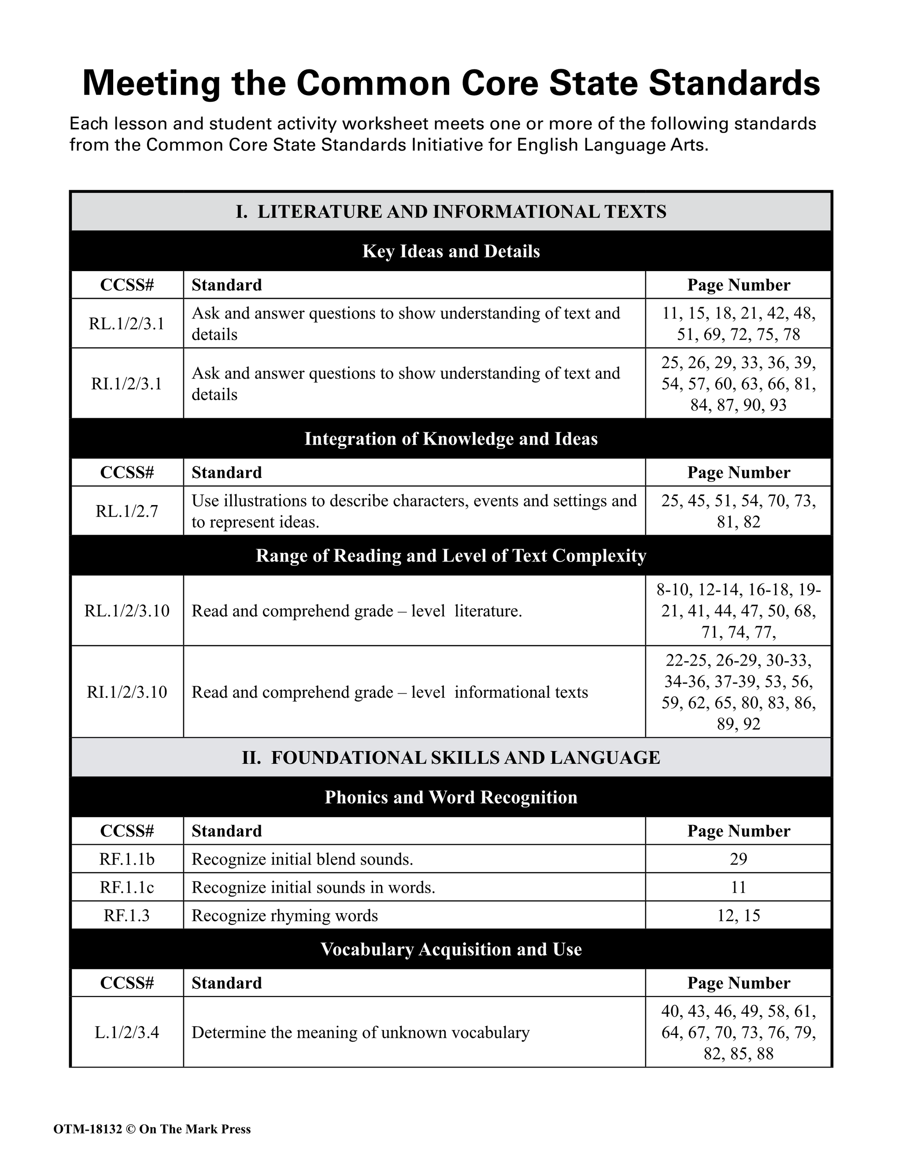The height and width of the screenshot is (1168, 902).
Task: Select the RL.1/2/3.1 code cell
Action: click(127, 324)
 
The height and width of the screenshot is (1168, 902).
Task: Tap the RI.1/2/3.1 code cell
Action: click(127, 383)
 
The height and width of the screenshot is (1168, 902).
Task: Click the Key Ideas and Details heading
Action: click(451, 251)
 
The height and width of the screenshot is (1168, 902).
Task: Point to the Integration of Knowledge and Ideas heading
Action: click(451, 439)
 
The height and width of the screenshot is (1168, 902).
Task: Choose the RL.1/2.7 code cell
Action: click(127, 511)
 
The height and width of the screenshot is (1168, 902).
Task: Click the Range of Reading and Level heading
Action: click(451, 556)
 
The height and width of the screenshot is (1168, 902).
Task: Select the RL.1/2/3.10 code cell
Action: click(127, 611)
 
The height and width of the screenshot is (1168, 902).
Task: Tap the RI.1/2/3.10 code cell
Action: click(127, 692)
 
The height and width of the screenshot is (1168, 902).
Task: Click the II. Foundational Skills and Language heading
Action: click(451, 758)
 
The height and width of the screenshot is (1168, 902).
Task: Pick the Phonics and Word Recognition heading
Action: click(451, 797)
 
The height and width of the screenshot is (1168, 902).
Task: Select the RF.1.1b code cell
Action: click(127, 859)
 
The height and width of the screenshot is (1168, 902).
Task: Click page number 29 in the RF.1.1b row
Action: click(738, 859)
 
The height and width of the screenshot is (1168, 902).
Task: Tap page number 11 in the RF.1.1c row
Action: click(738, 888)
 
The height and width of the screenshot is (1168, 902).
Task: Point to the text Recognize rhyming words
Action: click(285, 915)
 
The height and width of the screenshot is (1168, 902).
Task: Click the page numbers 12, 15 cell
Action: click(738, 915)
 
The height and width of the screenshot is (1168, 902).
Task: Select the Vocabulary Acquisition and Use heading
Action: click(451, 949)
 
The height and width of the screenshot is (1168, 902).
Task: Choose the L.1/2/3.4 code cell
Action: click(127, 1032)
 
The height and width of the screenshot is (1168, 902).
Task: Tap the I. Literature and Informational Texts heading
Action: click(451, 212)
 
